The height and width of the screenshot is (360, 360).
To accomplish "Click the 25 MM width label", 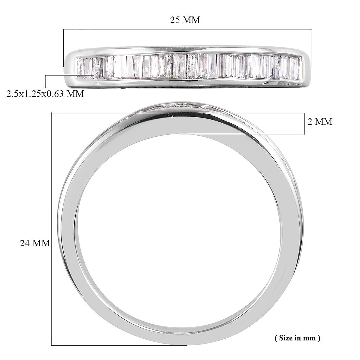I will click(185, 20).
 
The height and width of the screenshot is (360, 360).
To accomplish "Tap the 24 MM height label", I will click(35, 243).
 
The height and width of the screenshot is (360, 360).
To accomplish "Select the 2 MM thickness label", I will click(320, 122).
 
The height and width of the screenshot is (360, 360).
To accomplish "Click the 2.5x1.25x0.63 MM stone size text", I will click(45, 94).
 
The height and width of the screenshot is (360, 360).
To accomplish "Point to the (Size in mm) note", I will click(297, 338).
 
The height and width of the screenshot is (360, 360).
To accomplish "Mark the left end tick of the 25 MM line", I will click(64, 48).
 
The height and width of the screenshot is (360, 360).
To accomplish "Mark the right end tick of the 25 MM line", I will click(311, 48).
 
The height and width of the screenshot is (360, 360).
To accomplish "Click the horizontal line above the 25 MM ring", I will click(187, 30).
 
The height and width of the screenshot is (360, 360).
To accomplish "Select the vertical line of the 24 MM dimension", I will click(52, 228).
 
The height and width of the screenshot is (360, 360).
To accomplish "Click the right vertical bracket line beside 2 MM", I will click(304, 123).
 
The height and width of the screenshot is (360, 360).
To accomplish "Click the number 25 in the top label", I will click(175, 20).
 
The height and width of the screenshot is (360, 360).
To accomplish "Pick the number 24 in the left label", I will click(25, 243).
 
